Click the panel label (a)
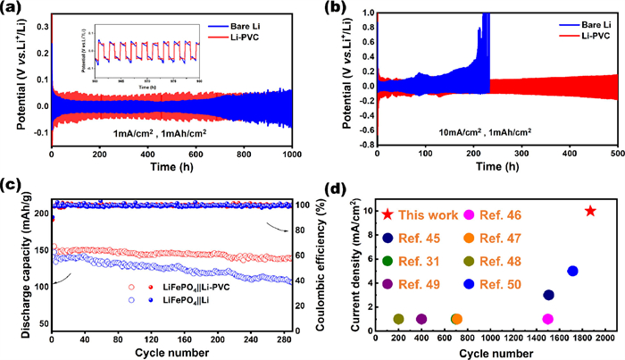[x=13, y=10]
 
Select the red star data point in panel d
[x=590, y=211]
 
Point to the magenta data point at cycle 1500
[x=547, y=319]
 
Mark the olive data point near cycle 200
[x=398, y=319]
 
